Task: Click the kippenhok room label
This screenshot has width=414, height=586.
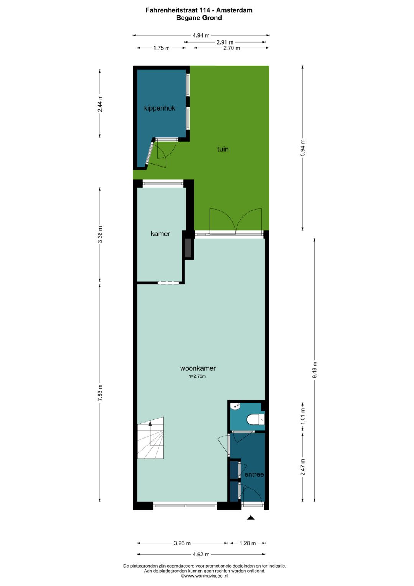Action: [159, 108]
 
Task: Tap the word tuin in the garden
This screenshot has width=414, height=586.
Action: [223, 149]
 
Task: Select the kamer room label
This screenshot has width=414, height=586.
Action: [160, 234]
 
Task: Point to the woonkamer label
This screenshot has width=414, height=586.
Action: [198, 368]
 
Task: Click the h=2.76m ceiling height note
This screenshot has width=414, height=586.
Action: [197, 376]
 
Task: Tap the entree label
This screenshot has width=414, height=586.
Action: [254, 474]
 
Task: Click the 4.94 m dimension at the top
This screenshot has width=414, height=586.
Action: [201, 35]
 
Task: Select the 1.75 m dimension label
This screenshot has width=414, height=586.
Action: [161, 48]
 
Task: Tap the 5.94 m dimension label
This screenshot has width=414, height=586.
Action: [303, 148]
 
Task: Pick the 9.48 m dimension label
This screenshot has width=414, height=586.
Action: [315, 370]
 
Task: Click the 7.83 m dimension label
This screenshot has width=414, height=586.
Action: [100, 393]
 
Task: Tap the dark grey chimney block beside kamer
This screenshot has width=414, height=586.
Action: [188, 248]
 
